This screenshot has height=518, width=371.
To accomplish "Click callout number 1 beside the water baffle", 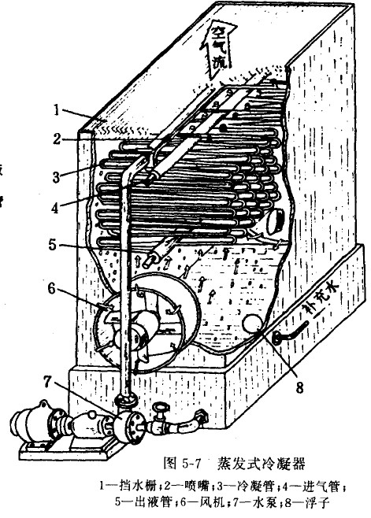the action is (57, 110).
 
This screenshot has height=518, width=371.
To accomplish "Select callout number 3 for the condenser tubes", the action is (56, 177).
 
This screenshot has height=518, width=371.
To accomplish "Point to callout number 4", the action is (56, 207).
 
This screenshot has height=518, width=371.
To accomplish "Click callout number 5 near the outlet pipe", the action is (54, 245).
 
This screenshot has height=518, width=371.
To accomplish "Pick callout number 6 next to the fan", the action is (52, 288).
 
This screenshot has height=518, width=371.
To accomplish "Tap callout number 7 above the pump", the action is (48, 382).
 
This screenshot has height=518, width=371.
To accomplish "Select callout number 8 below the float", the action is (299, 387).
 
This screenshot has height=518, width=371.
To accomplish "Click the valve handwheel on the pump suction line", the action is (161, 407).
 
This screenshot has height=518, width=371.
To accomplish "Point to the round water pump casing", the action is (128, 425).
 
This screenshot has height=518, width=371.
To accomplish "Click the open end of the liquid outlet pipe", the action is (147, 261).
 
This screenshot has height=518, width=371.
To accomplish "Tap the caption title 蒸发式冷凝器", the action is (261, 464).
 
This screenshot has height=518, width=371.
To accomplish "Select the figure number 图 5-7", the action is (183, 464).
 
